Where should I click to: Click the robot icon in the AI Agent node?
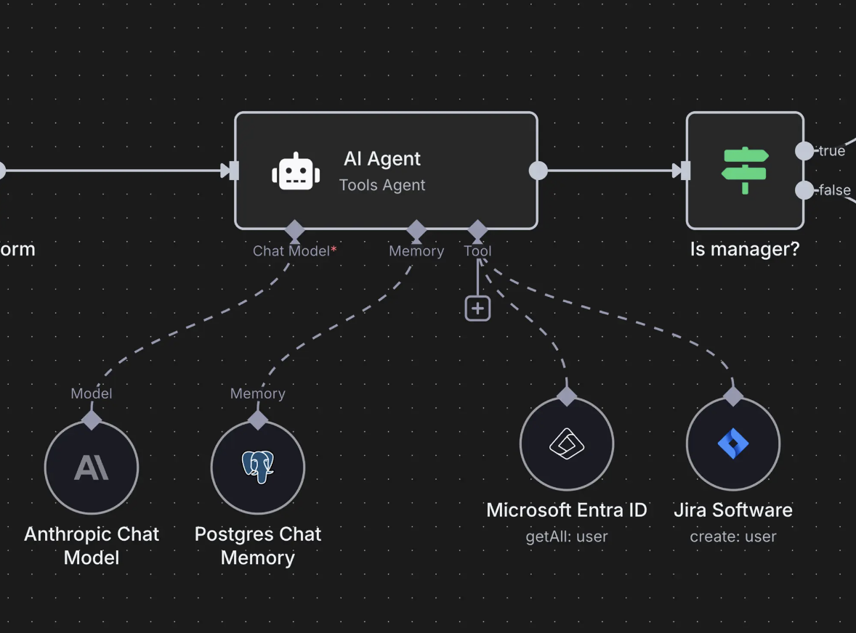tap(296, 172)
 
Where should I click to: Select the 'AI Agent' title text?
tap(382, 158)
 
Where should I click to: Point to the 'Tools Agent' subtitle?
tap(382, 185)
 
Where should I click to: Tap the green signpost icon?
tap(744, 170)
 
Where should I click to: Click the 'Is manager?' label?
tap(744, 249)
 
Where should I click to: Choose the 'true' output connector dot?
tap(804, 151)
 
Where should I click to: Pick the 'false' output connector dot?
tap(804, 190)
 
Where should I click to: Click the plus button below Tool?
tap(477, 309)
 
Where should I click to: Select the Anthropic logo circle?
tap(92, 467)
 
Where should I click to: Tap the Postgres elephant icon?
tap(258, 467)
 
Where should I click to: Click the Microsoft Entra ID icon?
tap(567, 444)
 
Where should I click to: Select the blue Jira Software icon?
tap(733, 444)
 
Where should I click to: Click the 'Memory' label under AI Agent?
tap(416, 251)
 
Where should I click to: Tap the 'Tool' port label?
tap(477, 251)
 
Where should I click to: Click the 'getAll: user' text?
tap(567, 537)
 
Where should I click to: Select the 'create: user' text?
tap(733, 537)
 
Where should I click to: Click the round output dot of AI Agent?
tap(538, 171)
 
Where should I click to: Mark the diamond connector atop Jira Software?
tap(733, 396)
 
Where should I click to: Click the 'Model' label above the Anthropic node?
tap(92, 393)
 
